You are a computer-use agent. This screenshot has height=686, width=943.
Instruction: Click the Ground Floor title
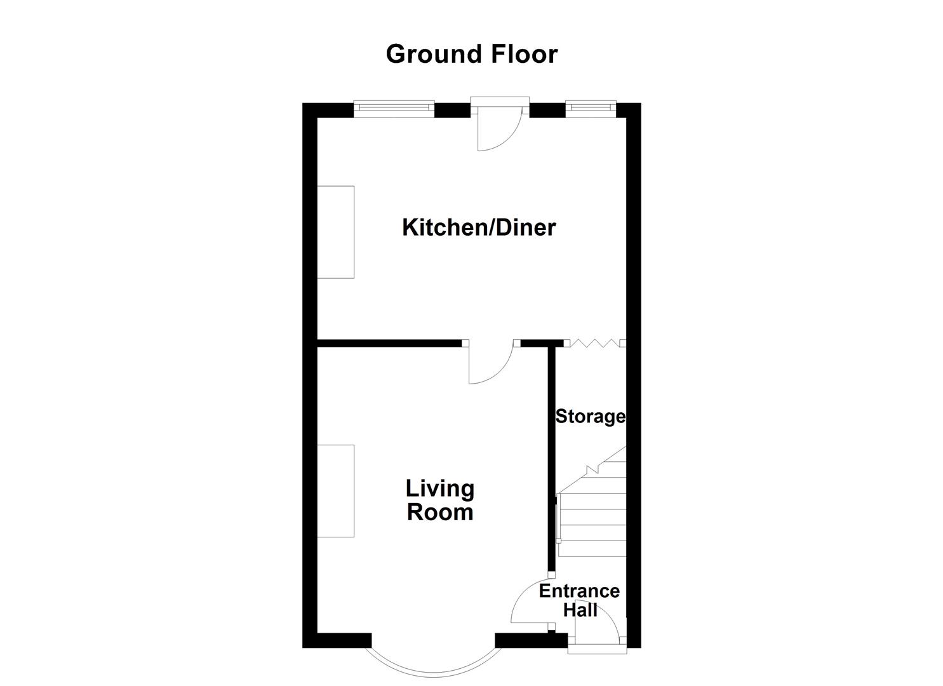click(x=471, y=54)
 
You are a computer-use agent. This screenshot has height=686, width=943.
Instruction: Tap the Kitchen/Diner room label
click(x=479, y=227)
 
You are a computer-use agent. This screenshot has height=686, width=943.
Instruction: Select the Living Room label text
click(x=440, y=501)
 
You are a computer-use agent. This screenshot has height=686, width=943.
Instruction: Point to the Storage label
click(x=590, y=417)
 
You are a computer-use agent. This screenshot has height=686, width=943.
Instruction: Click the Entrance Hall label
click(x=579, y=600)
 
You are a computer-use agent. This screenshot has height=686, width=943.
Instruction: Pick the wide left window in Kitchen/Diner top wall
click(x=394, y=109)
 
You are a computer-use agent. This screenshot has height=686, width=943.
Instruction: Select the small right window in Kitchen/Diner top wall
click(x=591, y=109)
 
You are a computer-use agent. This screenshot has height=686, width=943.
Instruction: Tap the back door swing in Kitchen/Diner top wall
click(x=498, y=130)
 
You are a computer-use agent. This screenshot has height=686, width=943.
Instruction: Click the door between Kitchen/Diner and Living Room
click(x=491, y=364)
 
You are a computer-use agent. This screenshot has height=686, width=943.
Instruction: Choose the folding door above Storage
click(x=594, y=344)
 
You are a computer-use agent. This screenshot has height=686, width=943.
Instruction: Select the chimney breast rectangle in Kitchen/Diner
click(x=335, y=232)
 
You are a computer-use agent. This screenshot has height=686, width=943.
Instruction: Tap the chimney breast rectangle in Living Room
click(x=335, y=491)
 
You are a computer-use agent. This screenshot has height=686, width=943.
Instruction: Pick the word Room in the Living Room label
click(x=440, y=513)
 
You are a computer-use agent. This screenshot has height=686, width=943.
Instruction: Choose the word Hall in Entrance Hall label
click(x=580, y=610)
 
